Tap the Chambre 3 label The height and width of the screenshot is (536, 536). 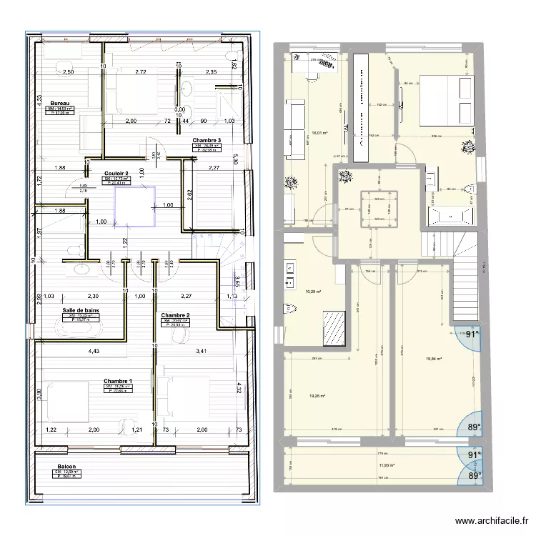tap(207, 140)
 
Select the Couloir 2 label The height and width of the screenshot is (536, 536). tap(116, 173)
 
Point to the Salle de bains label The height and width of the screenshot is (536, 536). tap(80, 309)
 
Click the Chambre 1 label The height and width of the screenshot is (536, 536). tap(117, 381)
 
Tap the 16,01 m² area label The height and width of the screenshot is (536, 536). tap(319, 131)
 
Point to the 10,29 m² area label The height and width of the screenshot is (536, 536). tap(314, 292)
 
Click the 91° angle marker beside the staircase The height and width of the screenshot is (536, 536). tap(470, 334)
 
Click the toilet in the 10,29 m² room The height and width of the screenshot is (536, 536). tap(290, 309)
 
